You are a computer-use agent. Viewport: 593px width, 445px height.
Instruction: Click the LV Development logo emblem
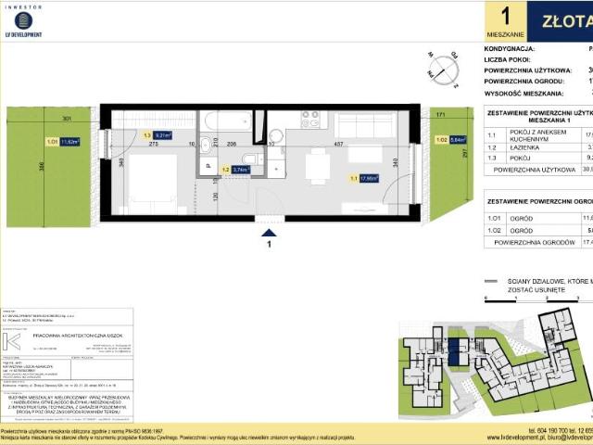[x=23, y=19]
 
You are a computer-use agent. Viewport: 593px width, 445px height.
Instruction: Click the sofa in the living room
[x=364, y=124]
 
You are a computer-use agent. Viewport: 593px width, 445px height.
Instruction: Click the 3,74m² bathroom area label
[x=239, y=170]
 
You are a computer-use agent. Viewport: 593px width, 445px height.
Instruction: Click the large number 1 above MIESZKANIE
[x=505, y=16]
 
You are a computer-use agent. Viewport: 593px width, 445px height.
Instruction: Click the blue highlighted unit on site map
[x=453, y=351]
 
